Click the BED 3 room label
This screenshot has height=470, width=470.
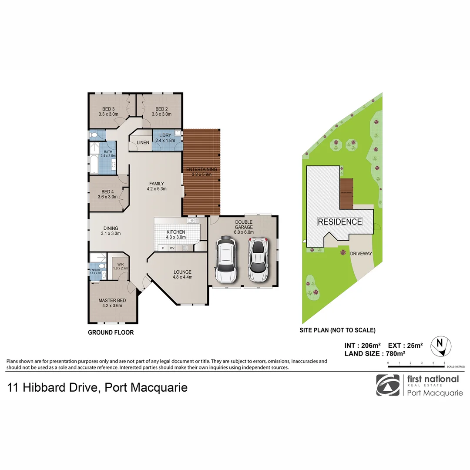(x=108, y=109)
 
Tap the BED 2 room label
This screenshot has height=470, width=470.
(x=161, y=109)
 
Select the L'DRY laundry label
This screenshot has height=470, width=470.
(x=165, y=135)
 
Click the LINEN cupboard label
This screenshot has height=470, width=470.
(x=143, y=143)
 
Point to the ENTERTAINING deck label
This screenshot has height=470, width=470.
(x=201, y=169)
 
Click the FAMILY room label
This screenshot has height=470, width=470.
(x=157, y=184)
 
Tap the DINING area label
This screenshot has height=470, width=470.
(x=111, y=228)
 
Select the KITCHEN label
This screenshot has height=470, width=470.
(x=176, y=232)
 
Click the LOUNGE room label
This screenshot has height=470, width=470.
(x=182, y=271)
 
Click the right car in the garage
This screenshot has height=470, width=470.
(x=257, y=260)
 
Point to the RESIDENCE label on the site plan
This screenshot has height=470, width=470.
(x=340, y=222)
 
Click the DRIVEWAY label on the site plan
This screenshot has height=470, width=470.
(x=362, y=253)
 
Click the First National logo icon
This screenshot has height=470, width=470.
(x=388, y=385)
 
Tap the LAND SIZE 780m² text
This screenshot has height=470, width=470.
(x=375, y=353)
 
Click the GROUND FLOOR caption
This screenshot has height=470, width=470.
(x=111, y=332)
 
